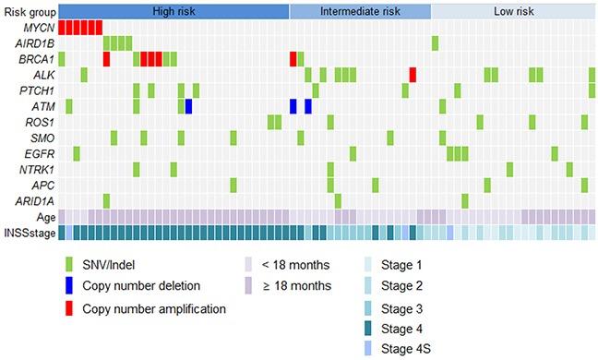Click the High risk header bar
[173, 12]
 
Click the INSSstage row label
[28, 232]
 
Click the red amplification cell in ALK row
[413, 75]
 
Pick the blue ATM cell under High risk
[188, 106]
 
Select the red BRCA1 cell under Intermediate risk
[293, 59]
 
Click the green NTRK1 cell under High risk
[137, 169]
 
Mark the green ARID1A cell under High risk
[106, 200]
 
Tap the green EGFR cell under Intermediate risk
[353, 153]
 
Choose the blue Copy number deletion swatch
[68, 287]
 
